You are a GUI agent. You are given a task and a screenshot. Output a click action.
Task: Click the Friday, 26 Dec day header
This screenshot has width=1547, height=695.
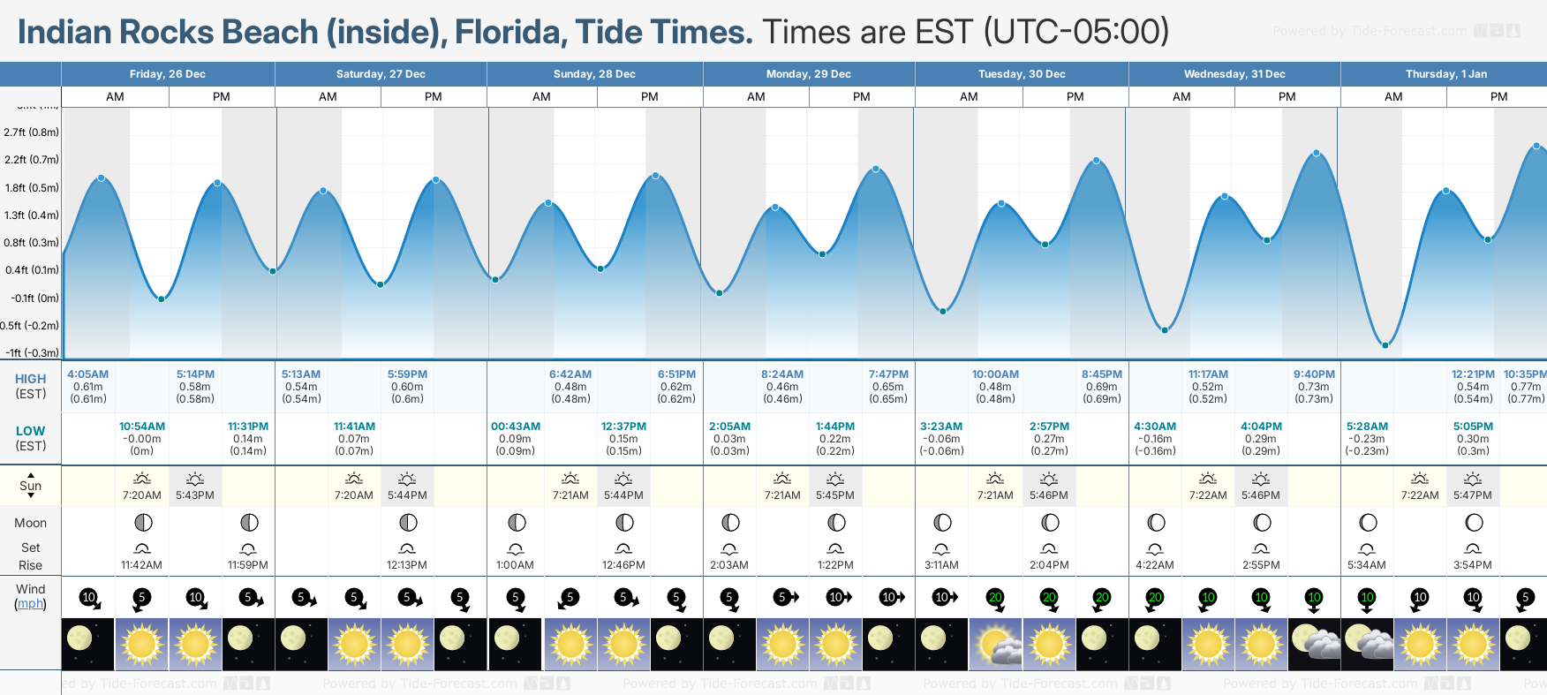(x=168, y=74)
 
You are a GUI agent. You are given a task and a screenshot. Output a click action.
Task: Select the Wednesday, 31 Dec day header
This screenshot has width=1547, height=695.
(x=1234, y=74)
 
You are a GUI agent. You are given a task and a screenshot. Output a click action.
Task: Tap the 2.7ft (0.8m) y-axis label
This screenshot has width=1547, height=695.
(x=32, y=132)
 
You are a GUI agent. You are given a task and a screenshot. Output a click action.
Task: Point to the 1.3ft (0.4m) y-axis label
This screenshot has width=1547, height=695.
(x=32, y=215)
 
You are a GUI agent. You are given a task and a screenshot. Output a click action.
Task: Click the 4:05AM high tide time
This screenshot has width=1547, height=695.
(x=88, y=374)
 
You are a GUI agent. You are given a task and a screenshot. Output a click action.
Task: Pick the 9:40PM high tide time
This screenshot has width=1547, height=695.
(x=1314, y=374)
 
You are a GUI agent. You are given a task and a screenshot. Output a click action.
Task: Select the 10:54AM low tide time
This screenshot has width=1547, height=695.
(x=142, y=427)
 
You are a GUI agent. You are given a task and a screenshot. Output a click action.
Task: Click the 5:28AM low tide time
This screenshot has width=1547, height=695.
(x=1367, y=427)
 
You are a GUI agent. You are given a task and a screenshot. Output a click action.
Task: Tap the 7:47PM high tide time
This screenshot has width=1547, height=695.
(x=888, y=374)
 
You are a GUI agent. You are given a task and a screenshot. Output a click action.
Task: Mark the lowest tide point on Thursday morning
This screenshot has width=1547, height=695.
(x=1385, y=345)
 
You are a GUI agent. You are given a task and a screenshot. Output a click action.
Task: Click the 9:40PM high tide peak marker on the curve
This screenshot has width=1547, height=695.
(x=1317, y=153)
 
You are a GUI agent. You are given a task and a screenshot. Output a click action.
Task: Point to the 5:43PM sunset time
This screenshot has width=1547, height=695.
(x=195, y=495)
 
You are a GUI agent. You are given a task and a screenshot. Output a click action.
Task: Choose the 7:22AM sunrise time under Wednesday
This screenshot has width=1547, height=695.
(x=1208, y=495)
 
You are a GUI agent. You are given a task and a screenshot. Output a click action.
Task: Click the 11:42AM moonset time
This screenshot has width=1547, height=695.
(x=142, y=565)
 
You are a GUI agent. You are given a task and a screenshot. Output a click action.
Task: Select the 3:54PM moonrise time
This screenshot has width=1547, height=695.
(x=1473, y=565)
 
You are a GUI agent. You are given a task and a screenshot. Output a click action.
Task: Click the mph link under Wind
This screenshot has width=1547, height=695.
(x=31, y=604)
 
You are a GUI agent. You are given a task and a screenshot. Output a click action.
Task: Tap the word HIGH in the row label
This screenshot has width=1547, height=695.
(x=31, y=379)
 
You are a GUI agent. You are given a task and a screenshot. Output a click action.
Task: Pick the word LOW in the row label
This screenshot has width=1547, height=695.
(x=31, y=431)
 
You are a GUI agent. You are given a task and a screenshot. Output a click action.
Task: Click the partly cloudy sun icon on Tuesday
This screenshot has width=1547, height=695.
(x=996, y=645)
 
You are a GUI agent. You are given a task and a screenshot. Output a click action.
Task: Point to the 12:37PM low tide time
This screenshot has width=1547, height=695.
(x=623, y=427)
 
